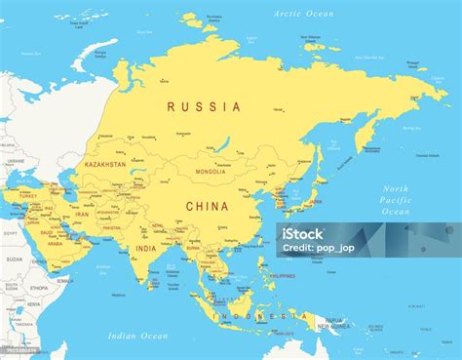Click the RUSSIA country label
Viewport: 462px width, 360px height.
(204, 106)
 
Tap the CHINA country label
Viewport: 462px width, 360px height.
(207, 206)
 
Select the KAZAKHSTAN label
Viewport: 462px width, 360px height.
(106, 165)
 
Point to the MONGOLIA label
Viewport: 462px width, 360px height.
(211, 172)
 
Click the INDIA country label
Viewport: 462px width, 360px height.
(145, 249)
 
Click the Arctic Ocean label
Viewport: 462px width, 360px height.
(303, 14)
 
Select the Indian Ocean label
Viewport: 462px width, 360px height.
(139, 336)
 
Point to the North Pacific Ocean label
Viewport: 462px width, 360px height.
(395, 200)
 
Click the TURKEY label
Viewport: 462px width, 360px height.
(22, 196)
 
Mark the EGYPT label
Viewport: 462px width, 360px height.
(11, 234)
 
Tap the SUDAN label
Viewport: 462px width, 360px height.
(14, 260)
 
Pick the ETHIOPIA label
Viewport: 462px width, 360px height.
(38, 289)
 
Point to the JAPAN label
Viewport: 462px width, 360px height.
(314, 202)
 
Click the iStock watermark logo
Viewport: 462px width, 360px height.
(303, 233)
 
